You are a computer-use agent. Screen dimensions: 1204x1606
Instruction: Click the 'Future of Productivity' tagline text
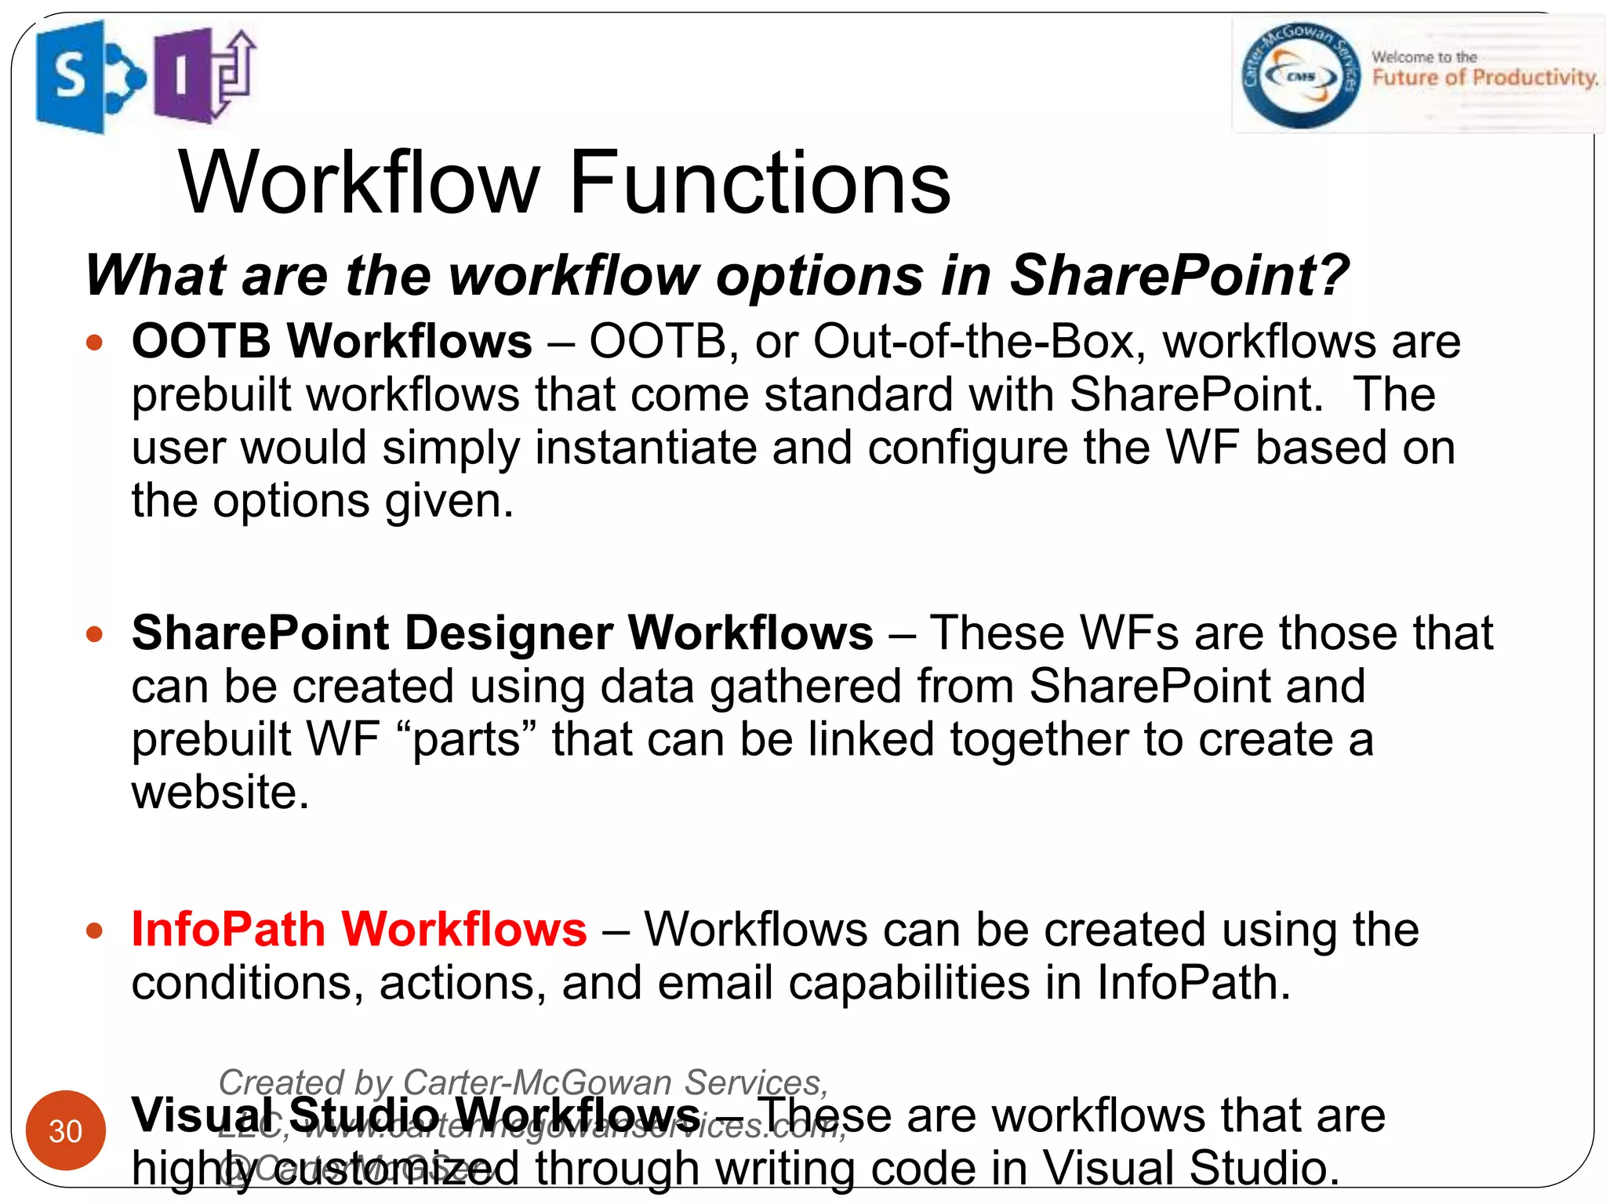pyautogui.click(x=1484, y=78)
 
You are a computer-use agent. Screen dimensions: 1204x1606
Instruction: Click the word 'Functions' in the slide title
pyautogui.click(x=759, y=183)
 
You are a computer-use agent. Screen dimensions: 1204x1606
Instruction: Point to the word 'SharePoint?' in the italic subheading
pyautogui.click(x=1179, y=276)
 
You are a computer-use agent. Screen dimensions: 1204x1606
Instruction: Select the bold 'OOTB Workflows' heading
pyautogui.click(x=332, y=342)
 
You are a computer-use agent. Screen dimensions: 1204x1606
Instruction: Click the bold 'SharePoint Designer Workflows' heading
pyautogui.click(x=502, y=633)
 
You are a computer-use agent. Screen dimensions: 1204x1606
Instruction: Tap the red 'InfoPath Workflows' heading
pyautogui.click(x=359, y=930)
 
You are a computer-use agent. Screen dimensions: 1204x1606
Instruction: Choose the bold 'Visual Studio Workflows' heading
pyautogui.click(x=416, y=1115)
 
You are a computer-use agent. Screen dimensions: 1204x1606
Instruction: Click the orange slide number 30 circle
pyautogui.click(x=66, y=1130)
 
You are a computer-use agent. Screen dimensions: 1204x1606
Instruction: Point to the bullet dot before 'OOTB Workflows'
pyautogui.click(x=95, y=343)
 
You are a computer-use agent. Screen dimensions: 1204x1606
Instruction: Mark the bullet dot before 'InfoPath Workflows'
pyautogui.click(x=95, y=930)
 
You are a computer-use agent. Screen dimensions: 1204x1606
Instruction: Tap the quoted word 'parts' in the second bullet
pyautogui.click(x=467, y=740)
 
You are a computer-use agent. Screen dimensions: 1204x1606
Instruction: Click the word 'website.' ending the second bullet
pyautogui.click(x=220, y=792)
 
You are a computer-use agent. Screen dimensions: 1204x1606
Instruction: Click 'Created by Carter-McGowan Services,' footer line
pyautogui.click(x=523, y=1083)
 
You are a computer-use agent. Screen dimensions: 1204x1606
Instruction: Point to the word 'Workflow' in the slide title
pyautogui.click(x=359, y=183)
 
